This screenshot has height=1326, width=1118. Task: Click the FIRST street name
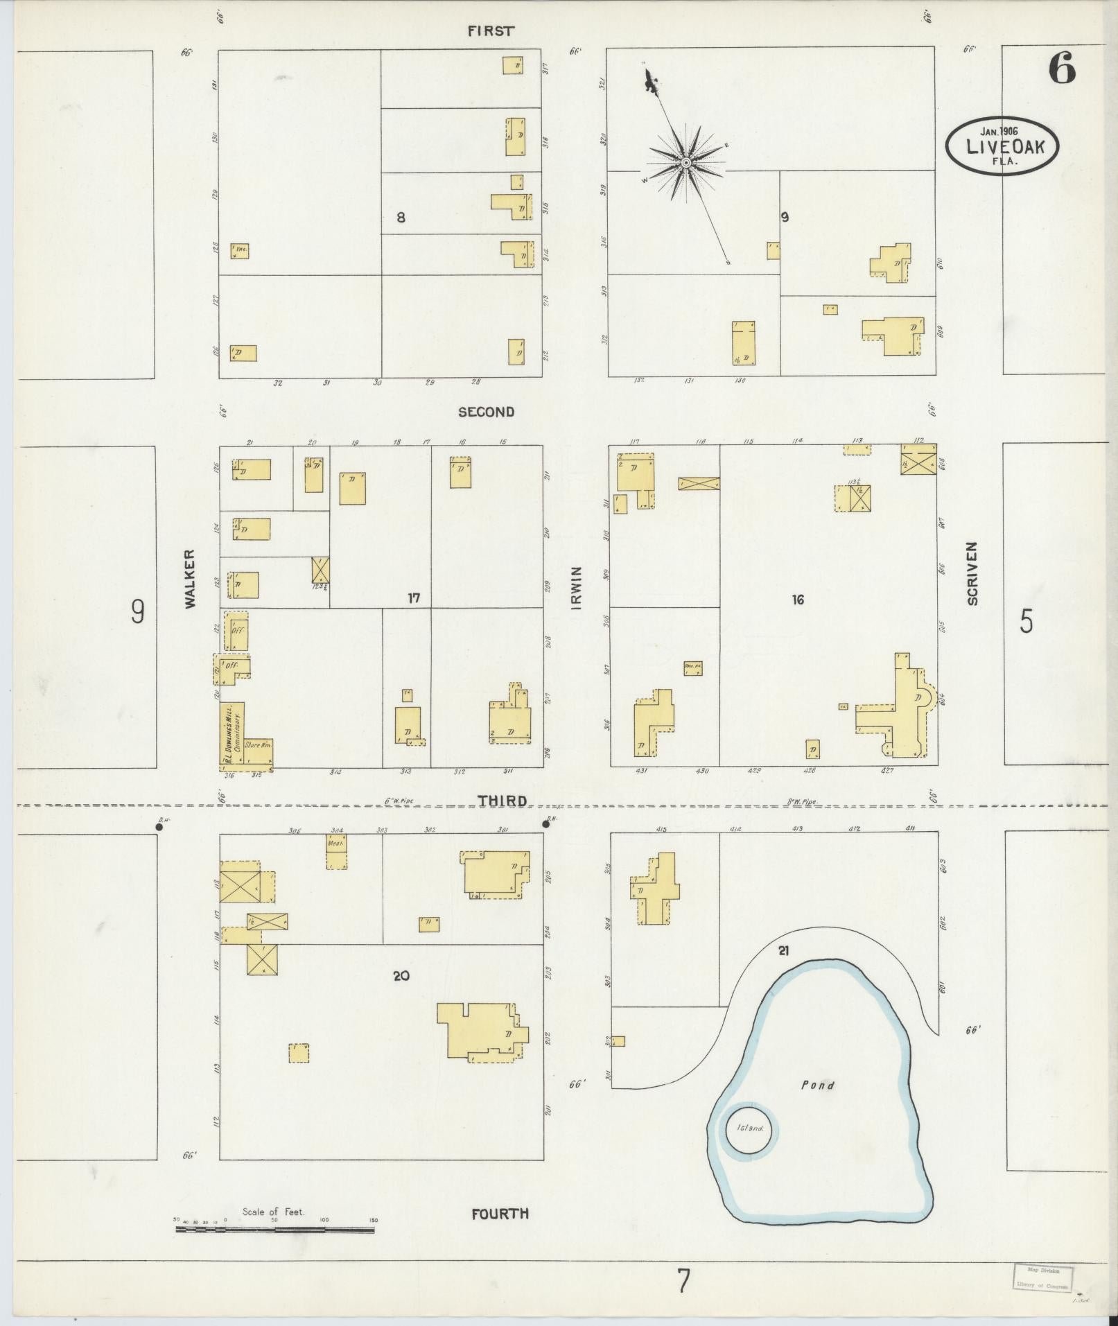coord(491,30)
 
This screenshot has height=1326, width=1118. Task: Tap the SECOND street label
coord(486,412)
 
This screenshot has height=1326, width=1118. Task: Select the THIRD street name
coord(501,801)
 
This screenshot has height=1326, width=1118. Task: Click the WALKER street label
coord(191,579)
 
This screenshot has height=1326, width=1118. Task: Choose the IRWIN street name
coord(577,588)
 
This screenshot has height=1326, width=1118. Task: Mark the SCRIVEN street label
coord(972,573)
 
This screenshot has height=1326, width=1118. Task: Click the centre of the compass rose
coord(685,162)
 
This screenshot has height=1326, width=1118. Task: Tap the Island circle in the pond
coord(748,1128)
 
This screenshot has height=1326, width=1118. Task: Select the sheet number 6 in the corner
coord(1061,68)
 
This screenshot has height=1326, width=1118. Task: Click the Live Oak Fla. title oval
coord(1002,145)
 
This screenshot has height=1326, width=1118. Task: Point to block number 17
coord(414,597)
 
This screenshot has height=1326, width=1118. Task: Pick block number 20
coord(401,976)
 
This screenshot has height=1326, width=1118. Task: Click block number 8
coord(401,218)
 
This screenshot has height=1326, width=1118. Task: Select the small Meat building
coord(336,851)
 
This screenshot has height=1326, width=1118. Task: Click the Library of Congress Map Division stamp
coord(1043,1277)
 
